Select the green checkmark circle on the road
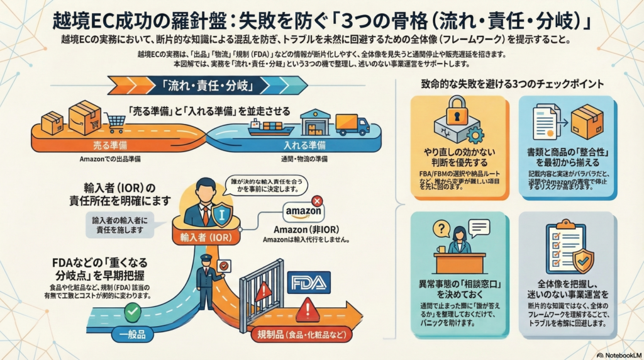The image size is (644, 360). [132, 311]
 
